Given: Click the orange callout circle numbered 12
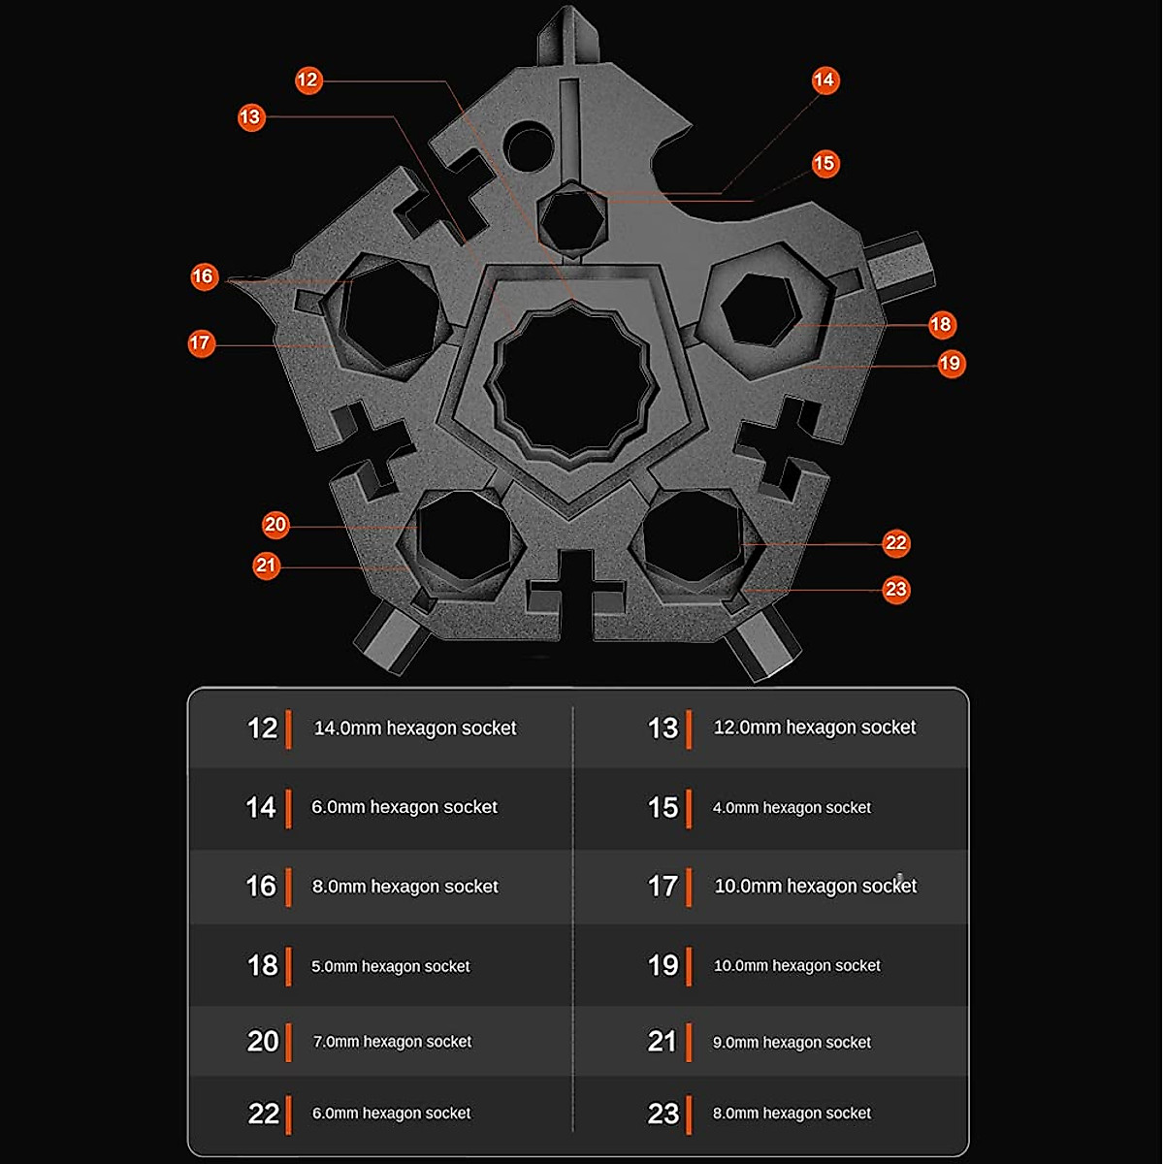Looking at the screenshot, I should point(308,80).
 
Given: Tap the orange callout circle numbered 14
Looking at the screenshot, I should point(824,80).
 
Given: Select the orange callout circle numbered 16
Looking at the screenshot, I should point(203,276).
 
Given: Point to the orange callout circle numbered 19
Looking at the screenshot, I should point(950,364).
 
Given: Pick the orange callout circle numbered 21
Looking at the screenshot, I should point(266,566).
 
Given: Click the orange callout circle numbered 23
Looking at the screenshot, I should point(895,589).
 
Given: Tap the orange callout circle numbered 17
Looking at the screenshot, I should point(201,343).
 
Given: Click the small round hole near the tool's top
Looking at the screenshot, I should point(528,146).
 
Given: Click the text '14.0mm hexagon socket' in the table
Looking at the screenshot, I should point(415,728).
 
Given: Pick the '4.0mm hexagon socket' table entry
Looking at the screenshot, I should point(792,808).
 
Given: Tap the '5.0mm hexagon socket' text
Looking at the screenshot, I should point(390,967).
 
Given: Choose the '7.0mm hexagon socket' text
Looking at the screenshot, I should point(392,1042).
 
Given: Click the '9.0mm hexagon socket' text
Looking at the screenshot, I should point(792,1043).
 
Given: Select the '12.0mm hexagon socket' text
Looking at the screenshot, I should point(814,727).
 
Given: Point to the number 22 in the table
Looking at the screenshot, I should point(263,1114).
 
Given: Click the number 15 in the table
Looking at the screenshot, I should point(663,808).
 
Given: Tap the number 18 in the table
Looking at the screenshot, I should point(262,966).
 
